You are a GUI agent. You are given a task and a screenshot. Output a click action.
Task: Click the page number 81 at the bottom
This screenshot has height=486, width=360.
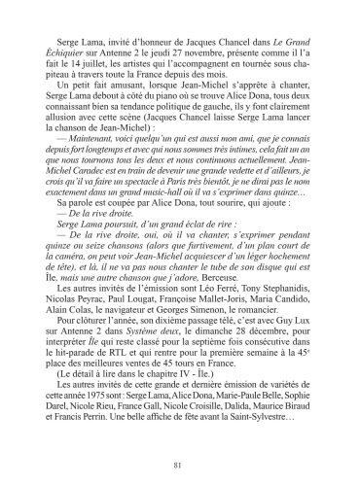coord(179,462)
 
